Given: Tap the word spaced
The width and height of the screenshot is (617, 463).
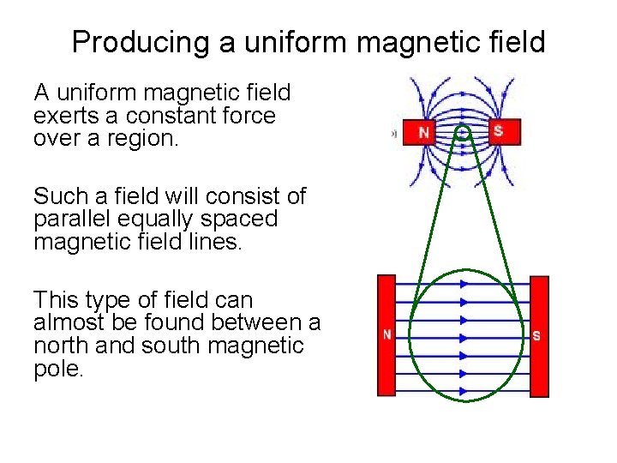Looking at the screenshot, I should point(242,219).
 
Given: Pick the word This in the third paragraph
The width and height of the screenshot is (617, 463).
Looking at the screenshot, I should point(57,300).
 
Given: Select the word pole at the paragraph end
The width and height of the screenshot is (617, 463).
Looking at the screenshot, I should point(57,370).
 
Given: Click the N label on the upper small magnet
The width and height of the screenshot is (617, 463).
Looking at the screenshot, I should point(423,133).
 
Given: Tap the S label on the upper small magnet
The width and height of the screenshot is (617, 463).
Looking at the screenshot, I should point(498,130).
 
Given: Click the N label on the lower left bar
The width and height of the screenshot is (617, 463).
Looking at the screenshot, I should point(387,335).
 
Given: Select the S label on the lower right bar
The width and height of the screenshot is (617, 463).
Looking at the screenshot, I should point(536,336).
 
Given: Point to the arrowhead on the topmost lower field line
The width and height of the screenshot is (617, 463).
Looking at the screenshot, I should point(464,283).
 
